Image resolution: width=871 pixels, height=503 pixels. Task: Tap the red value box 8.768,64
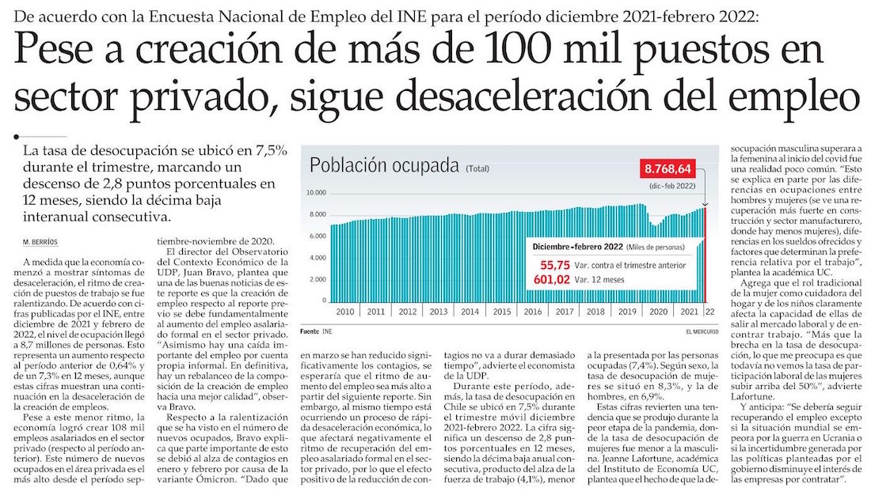tap(669, 169)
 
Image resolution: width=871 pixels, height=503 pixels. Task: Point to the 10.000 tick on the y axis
tap(316, 193)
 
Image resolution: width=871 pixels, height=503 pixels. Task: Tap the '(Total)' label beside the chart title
tap(477, 169)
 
